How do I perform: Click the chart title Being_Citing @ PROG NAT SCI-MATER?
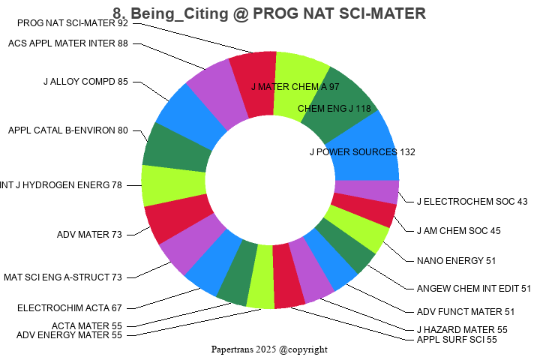point(269,13)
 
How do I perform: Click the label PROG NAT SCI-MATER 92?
point(72,23)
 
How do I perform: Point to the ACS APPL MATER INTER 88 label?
point(68,43)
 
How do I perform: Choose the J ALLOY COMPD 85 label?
point(85,82)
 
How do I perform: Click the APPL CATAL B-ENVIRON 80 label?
point(68,130)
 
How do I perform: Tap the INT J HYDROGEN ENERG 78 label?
point(61,184)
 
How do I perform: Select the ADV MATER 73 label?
point(89,235)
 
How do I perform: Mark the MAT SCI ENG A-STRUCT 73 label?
point(62,277)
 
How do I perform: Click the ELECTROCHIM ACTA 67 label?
point(70,307)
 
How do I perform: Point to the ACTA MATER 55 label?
point(86,326)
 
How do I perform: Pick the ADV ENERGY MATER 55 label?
point(69,335)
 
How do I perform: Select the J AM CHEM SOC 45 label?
point(459,231)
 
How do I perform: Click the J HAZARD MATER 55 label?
point(462,330)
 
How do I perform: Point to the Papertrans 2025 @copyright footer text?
point(269,349)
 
